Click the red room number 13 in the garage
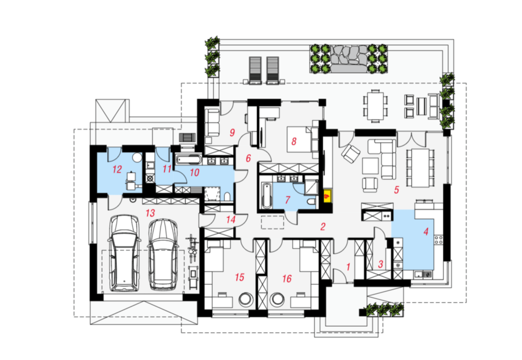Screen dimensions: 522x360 pyautogui.click(x=150, y=213)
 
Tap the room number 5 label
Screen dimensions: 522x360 pyautogui.click(x=397, y=190)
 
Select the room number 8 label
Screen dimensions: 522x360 pyautogui.click(x=293, y=141)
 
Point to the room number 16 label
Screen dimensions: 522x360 pyautogui.click(x=286, y=278)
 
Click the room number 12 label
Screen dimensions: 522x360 pyautogui.click(x=117, y=169)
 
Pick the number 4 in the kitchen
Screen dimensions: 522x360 pyautogui.click(x=426, y=232)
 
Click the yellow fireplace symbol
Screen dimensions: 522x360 pyautogui.click(x=327, y=195)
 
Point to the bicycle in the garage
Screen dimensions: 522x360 pyautogui.click(x=192, y=248)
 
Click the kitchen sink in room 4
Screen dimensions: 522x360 pyautogui.click(x=423, y=275)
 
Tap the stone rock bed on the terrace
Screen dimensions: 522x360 pyautogui.click(x=349, y=59)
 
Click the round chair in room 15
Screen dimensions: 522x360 pyautogui.click(x=246, y=299)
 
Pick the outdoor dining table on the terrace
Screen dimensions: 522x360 pyautogui.click(x=376, y=105)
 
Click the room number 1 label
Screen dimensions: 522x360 pyautogui.click(x=348, y=267)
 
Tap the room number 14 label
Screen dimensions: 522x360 pyautogui.click(x=231, y=219)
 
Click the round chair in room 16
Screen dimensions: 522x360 pyautogui.click(x=277, y=299)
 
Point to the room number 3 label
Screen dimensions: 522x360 pyautogui.click(x=380, y=264)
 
